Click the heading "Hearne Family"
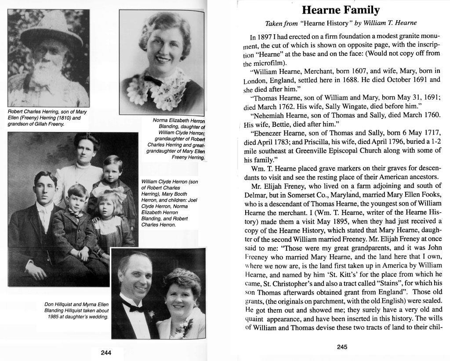click(x=341, y=10)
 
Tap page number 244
click(x=105, y=352)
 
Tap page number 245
click(x=342, y=347)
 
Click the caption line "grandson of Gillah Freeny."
click(x=36, y=124)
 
